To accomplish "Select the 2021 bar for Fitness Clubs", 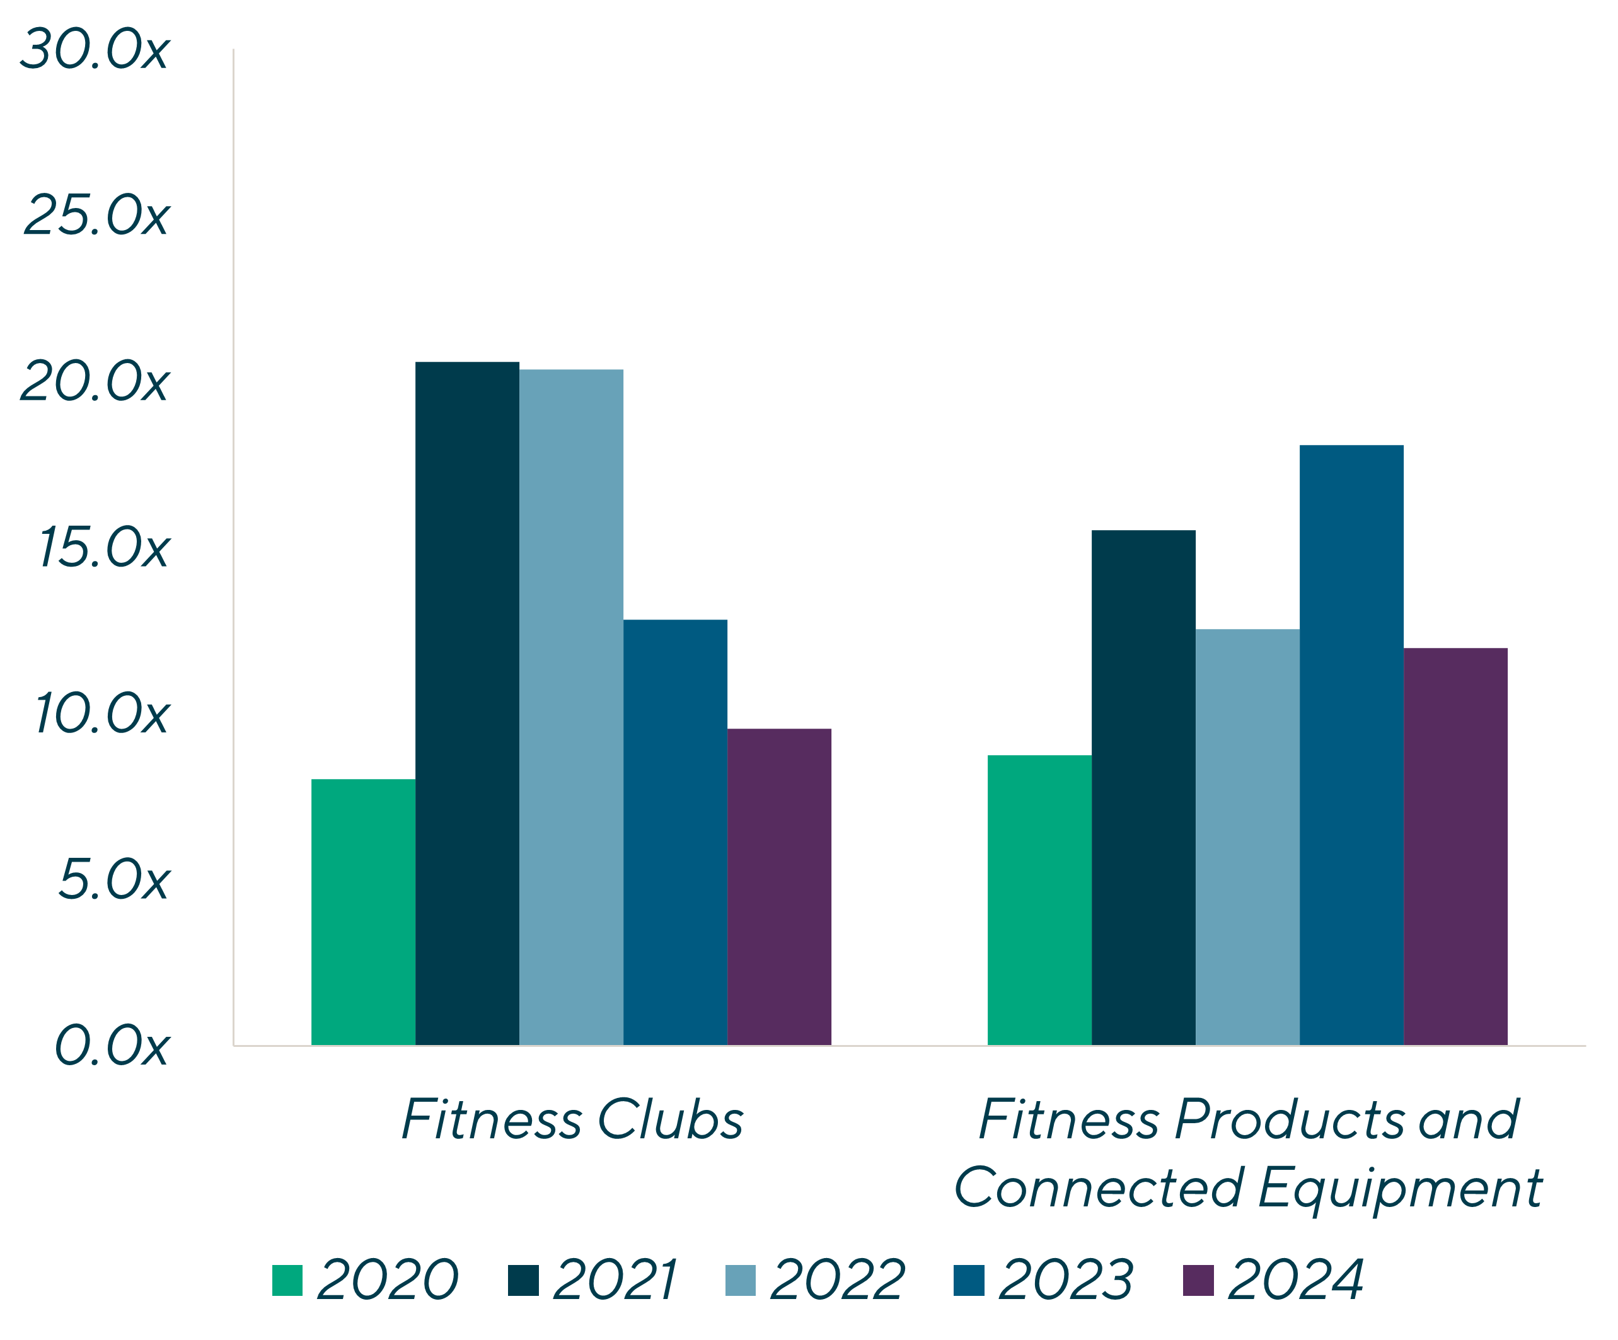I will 467,703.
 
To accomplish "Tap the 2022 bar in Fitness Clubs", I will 571,707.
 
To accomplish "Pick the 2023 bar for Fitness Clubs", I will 675,832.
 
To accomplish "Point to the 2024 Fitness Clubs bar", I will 779,886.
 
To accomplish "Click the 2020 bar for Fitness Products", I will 1039,899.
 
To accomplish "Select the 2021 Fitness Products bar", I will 1143,787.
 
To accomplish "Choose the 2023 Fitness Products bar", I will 1351,744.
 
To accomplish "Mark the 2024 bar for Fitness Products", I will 1455,846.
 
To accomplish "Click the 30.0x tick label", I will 94,51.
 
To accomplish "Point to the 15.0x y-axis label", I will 103,548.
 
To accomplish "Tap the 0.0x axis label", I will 111,1046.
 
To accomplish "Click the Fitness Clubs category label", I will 572,1119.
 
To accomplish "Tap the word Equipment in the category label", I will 1401,1188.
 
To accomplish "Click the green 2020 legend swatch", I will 287,1280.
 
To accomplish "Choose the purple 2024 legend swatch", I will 1198,1280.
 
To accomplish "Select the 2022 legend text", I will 837,1280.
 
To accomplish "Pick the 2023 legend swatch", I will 969,1280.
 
